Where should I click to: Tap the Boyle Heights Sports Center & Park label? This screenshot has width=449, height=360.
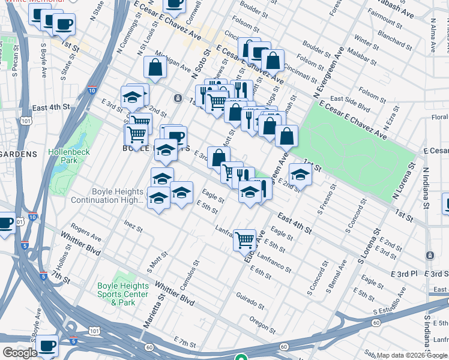[x=123, y=294]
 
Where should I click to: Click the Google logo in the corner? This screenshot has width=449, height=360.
[x=19, y=353]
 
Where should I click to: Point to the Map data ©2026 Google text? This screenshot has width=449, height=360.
[x=412, y=355]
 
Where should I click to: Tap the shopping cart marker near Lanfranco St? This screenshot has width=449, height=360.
[x=244, y=239]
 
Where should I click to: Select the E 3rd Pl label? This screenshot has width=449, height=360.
[x=403, y=274]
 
